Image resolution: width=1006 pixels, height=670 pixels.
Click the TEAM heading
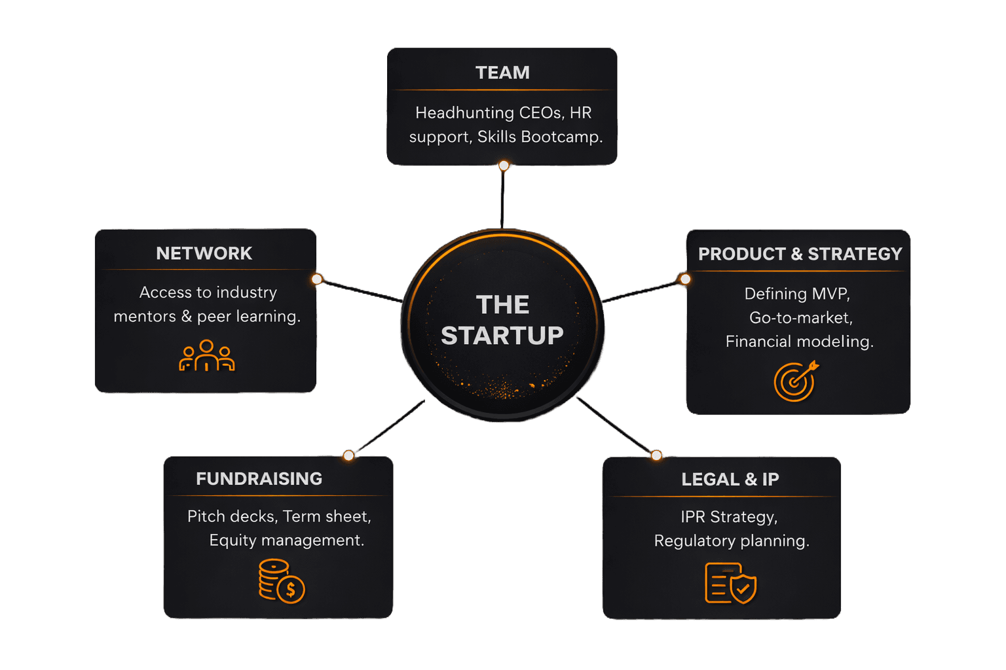(x=502, y=73)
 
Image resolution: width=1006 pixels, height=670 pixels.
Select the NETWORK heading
(x=204, y=253)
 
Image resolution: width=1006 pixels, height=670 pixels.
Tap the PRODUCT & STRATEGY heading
(x=800, y=254)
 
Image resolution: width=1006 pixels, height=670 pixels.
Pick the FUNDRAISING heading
(x=259, y=479)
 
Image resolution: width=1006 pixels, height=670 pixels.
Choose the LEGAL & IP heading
(x=730, y=480)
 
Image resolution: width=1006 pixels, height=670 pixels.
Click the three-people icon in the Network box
(x=206, y=356)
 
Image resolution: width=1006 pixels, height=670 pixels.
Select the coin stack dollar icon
(x=281, y=581)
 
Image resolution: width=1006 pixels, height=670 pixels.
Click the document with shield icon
(x=730, y=583)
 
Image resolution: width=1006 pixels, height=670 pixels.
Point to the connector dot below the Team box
(x=504, y=166)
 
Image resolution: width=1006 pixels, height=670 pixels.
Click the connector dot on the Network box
(x=317, y=279)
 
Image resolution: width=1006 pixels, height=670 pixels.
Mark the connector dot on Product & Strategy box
(x=685, y=279)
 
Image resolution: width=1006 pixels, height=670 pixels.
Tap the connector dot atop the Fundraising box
(x=348, y=455)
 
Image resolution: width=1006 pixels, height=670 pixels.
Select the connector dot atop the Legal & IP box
(x=656, y=455)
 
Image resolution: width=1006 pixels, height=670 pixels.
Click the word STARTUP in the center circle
(x=502, y=336)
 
